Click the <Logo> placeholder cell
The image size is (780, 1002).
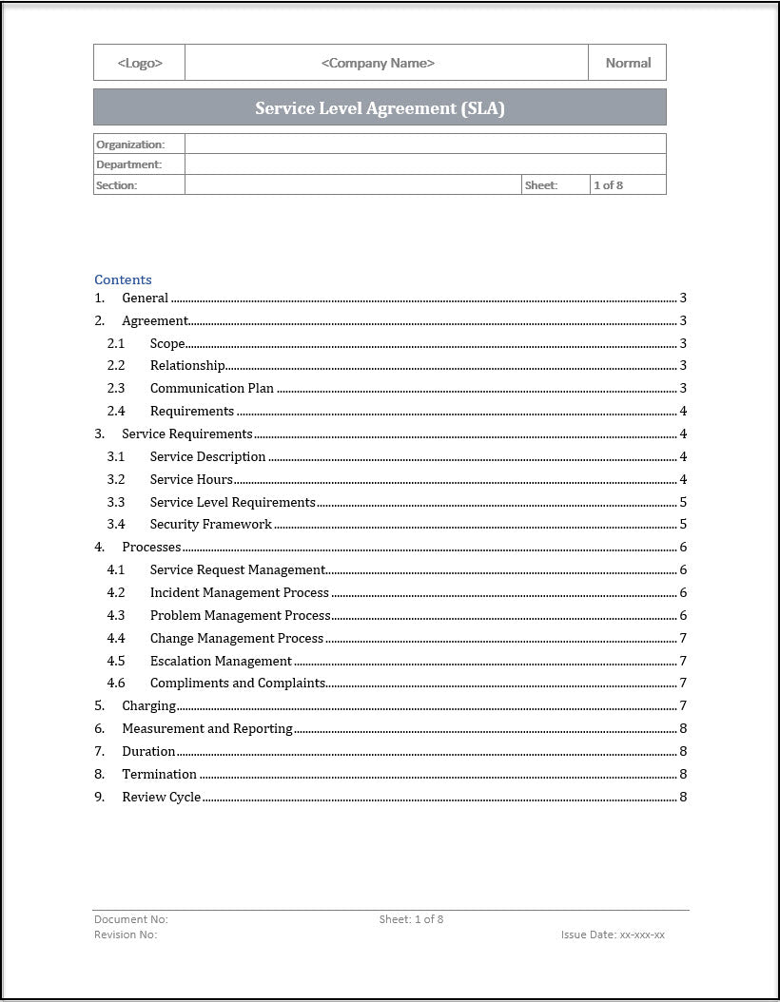tap(140, 63)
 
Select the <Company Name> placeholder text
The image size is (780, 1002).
tap(378, 63)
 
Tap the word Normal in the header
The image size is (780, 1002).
tap(628, 63)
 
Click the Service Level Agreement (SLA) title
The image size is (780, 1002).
tap(380, 107)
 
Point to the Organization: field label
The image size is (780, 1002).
tap(130, 145)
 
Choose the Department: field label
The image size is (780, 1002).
tap(129, 164)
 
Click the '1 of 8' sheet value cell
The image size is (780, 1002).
tap(609, 185)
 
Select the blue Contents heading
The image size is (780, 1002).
tap(123, 279)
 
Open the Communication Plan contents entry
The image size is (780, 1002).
tap(212, 388)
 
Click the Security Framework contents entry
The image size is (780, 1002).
tap(211, 524)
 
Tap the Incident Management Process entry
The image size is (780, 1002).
tap(240, 592)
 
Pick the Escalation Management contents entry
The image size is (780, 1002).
tap(221, 661)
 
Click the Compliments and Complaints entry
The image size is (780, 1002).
tap(238, 683)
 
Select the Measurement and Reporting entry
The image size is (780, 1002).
tap(207, 728)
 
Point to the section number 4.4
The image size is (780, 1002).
tap(116, 638)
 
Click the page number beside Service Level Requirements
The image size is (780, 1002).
tap(683, 502)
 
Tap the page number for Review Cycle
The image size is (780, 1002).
tap(683, 797)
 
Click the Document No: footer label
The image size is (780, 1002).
tap(131, 919)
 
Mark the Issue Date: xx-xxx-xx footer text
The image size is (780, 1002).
tap(613, 935)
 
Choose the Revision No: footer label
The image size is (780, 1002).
tap(126, 935)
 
